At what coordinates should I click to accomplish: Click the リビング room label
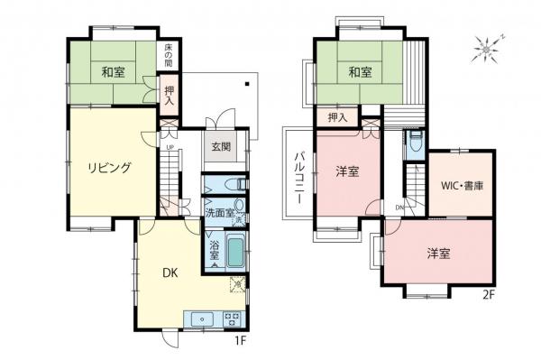tap(110, 167)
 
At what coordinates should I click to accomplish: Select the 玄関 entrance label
tap(221, 146)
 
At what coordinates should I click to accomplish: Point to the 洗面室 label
tap(219, 214)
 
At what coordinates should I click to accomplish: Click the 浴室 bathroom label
tap(214, 250)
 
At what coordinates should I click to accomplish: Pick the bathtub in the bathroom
tap(235, 250)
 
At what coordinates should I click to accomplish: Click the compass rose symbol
tap(488, 46)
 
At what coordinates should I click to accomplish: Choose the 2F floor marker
tap(488, 294)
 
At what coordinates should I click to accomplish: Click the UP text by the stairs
tap(169, 147)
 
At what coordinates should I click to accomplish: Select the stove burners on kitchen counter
tap(230, 318)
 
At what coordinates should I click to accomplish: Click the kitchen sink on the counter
tap(199, 318)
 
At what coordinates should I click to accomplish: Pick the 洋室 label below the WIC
tap(438, 254)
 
